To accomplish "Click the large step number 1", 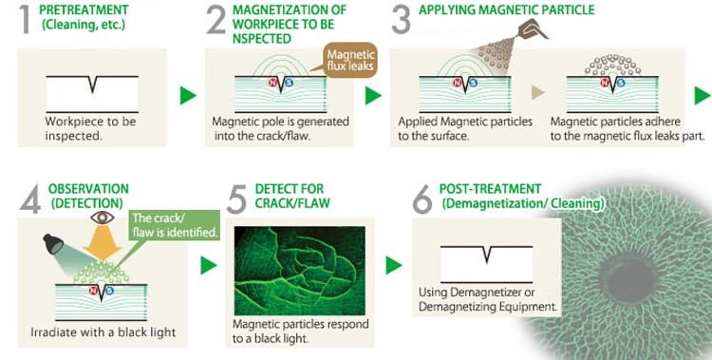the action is click(26, 19).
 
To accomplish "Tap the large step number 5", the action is click(236, 199).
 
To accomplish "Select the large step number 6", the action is click(422, 199).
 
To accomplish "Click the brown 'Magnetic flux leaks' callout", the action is click(349, 60).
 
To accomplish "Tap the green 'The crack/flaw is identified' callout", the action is click(175, 224).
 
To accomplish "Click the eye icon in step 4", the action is click(103, 218).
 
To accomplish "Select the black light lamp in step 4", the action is click(53, 244).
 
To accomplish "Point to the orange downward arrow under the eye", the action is click(103, 243).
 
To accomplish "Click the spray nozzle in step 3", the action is click(533, 28).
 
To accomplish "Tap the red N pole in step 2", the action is click(272, 83).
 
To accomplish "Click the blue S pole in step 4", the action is click(109, 291).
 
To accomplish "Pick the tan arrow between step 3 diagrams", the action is click(538, 93).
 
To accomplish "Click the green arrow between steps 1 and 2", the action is click(188, 95).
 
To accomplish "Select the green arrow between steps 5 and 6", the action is click(394, 265).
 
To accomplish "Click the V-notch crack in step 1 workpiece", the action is click(93, 85).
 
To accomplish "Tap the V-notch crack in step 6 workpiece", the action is click(487, 255).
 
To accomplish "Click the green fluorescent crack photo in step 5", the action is click(300, 271).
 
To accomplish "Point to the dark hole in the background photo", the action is click(628, 278).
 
